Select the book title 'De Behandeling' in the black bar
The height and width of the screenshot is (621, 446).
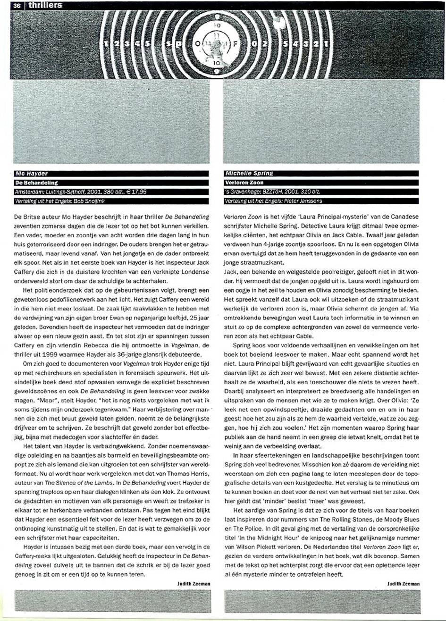[x=35, y=182]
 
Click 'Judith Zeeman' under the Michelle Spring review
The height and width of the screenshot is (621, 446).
[x=403, y=584]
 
